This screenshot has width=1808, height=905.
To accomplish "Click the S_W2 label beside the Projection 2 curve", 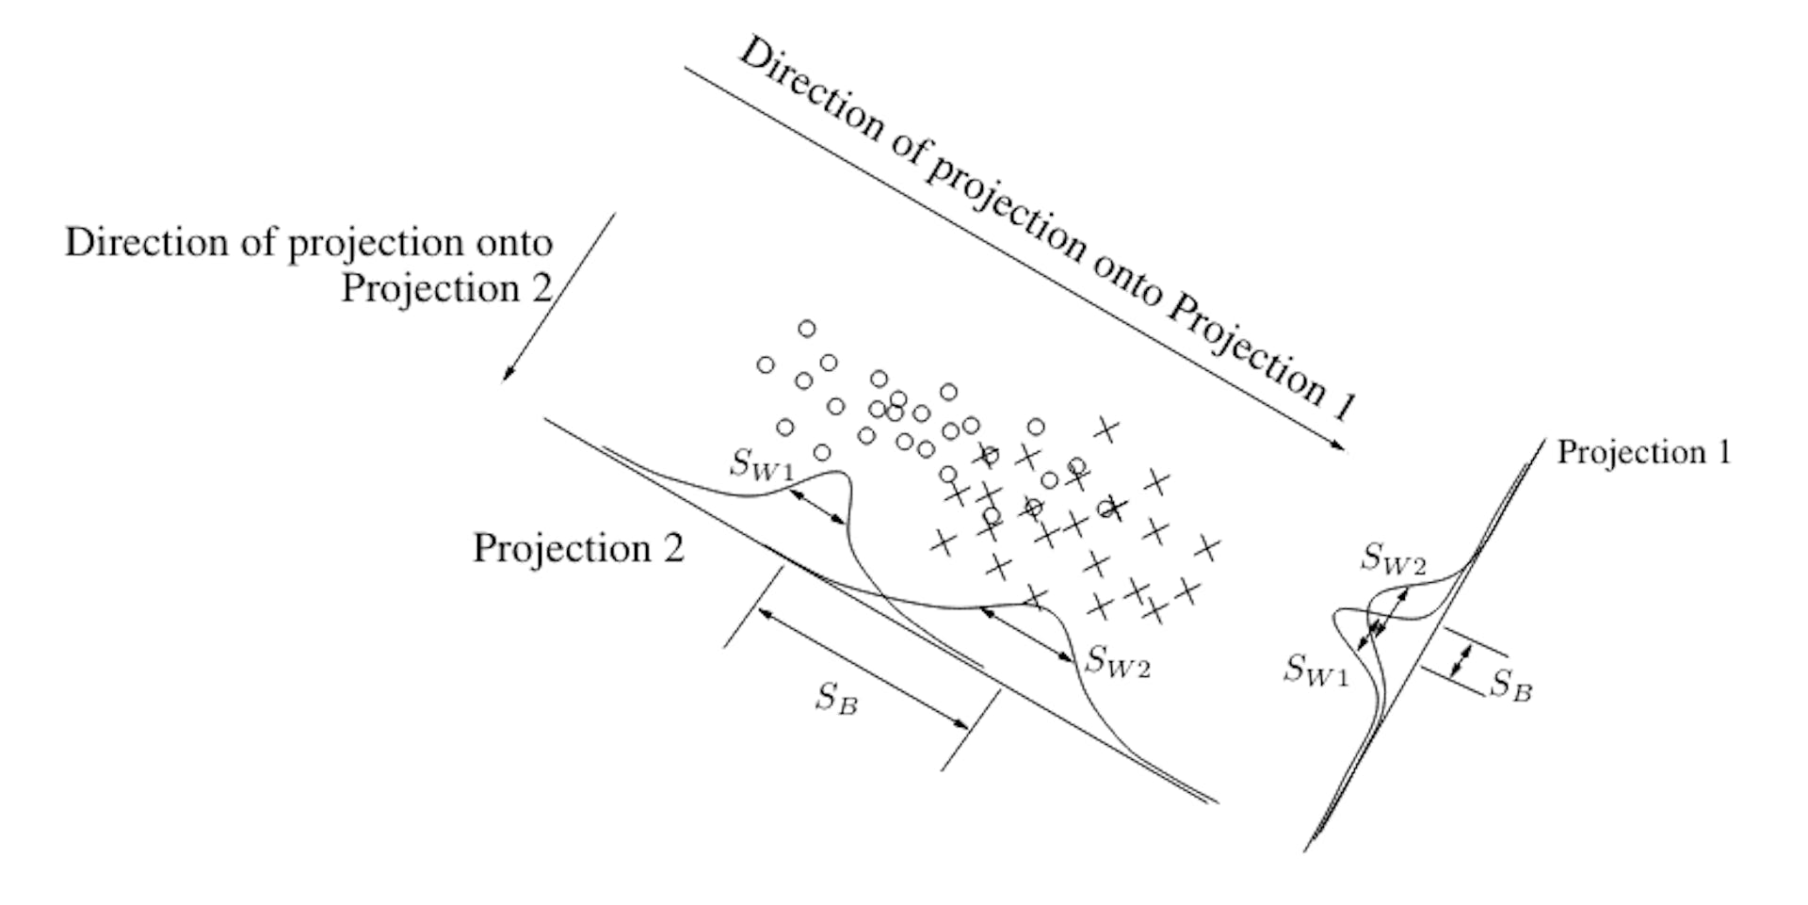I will [x=1118, y=662].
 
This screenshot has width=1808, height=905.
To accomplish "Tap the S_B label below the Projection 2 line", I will [x=837, y=699].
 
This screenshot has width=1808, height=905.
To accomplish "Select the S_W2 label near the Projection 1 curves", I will [x=1394, y=560].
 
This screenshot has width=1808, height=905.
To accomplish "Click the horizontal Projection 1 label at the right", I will [x=1643, y=453].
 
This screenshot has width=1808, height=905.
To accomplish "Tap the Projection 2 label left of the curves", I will [x=578, y=548].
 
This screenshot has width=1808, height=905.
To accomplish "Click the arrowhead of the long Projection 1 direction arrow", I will [x=1340, y=447].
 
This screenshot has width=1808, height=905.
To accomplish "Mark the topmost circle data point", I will [x=807, y=329].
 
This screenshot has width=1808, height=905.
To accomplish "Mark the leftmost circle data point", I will [x=766, y=364].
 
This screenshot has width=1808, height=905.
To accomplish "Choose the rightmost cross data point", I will [x=1206, y=547].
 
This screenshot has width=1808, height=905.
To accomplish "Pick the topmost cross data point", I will [x=1106, y=430].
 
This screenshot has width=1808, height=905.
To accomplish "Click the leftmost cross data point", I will [x=941, y=541].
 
